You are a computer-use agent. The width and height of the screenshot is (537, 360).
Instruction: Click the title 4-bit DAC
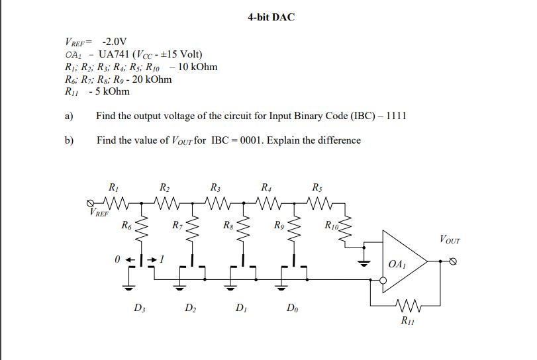(x=271, y=17)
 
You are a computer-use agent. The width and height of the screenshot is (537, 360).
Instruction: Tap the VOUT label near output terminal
(x=450, y=239)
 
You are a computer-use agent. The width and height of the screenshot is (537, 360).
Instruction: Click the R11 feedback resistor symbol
(x=406, y=306)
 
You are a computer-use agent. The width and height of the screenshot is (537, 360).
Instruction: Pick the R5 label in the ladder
(x=317, y=187)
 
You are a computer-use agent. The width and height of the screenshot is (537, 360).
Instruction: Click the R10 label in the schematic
(x=332, y=227)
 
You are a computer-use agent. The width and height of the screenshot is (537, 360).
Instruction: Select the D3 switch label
(x=139, y=308)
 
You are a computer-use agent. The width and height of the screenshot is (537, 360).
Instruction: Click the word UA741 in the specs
(x=114, y=54)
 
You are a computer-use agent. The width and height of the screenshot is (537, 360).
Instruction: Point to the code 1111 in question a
(x=396, y=116)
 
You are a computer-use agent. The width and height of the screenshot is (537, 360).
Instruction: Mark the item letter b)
(x=69, y=140)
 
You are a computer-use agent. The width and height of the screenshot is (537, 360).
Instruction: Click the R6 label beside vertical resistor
(x=126, y=226)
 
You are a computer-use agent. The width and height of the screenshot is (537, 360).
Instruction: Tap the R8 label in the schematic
(x=228, y=226)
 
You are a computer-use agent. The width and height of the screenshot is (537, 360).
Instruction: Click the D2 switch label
(x=190, y=308)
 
